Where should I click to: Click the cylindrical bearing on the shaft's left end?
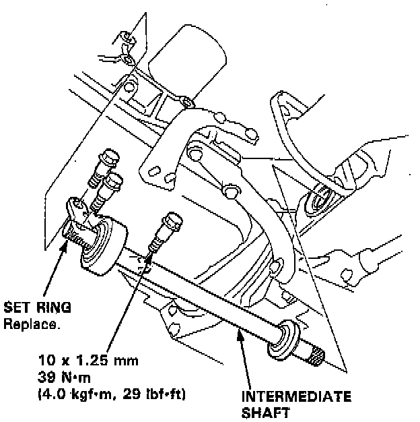point(101,245)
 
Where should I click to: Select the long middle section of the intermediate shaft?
point(202,293)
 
